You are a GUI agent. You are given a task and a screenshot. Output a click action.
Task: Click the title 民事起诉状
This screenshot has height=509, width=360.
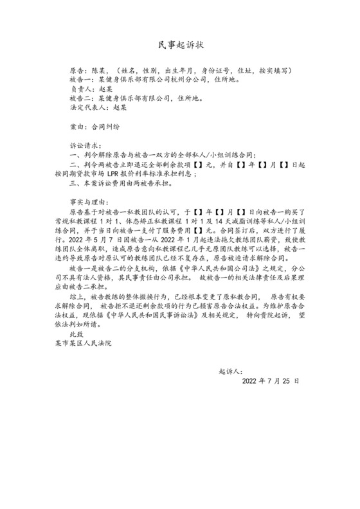point(180,45)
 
